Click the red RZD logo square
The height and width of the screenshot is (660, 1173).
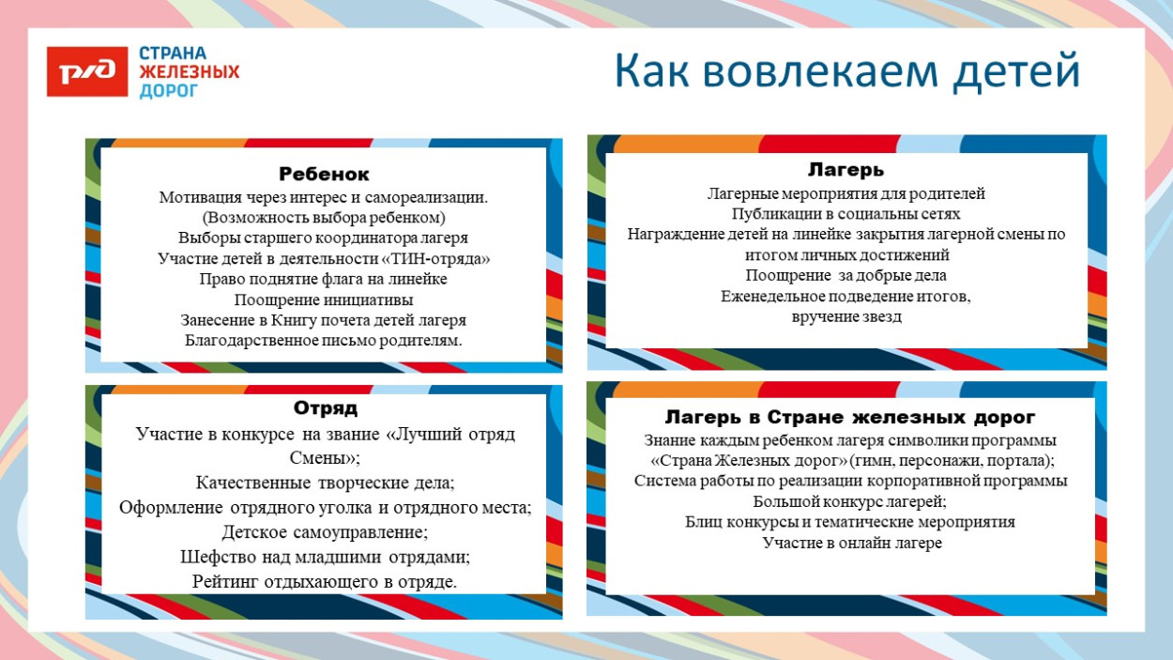(87, 72)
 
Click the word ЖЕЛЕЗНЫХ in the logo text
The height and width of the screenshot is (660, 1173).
(190, 72)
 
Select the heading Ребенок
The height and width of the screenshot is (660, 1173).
(324, 175)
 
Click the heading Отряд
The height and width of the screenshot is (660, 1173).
(326, 409)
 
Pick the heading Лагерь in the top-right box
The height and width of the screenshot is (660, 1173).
(845, 170)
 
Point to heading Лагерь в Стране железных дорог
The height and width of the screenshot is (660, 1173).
(850, 417)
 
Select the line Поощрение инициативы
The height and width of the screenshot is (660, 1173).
(324, 300)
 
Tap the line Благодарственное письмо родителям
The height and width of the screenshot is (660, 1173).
(324, 341)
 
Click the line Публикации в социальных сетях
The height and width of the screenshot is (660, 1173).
(845, 214)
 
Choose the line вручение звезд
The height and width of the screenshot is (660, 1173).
(845, 317)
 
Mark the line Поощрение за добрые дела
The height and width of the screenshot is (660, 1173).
(845, 276)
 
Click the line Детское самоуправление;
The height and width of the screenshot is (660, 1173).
(325, 532)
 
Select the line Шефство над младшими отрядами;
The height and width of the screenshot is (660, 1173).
(325, 557)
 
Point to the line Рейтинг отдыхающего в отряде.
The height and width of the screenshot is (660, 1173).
(325, 582)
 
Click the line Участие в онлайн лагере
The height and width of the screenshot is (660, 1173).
(851, 543)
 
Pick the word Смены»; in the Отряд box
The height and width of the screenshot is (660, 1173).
(325, 459)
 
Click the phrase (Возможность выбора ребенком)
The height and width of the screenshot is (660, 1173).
(324, 218)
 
